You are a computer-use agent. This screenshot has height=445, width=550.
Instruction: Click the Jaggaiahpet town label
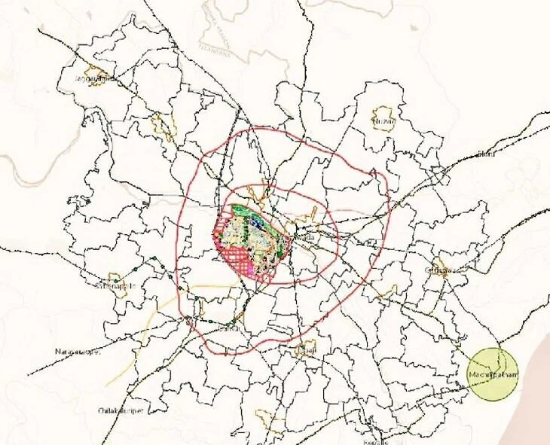93,78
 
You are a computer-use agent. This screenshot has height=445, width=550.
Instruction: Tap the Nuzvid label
383,120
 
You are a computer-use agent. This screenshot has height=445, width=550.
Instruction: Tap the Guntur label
232,328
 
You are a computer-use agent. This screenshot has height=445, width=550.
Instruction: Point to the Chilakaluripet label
121,410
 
